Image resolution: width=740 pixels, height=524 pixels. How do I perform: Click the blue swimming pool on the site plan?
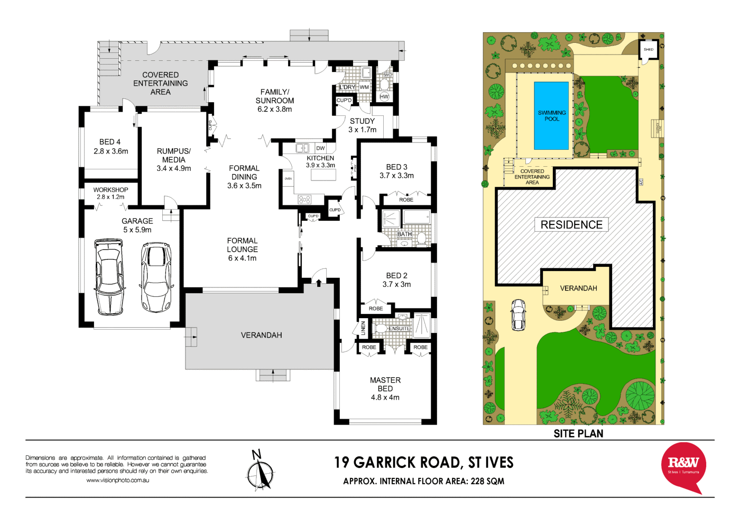(551, 115)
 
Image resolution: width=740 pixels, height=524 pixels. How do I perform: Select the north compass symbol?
(260, 471)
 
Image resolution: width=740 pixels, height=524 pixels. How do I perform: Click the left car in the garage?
(109, 276)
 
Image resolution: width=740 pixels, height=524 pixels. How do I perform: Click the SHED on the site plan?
(648, 50)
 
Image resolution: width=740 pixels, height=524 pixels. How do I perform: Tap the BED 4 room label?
(110, 147)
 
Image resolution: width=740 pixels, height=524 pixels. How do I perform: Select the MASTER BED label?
(385, 389)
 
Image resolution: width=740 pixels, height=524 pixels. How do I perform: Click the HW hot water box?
(384, 97)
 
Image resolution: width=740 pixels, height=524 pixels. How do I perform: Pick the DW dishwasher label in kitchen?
(320, 148)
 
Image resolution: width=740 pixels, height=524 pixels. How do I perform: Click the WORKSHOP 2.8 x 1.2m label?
(110, 193)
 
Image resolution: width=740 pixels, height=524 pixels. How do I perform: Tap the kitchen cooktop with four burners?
(304, 200)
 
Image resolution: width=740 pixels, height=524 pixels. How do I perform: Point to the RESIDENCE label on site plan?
(571, 225)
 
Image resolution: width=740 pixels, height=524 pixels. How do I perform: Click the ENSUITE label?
(399, 329)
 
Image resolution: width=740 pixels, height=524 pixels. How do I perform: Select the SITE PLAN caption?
(578, 433)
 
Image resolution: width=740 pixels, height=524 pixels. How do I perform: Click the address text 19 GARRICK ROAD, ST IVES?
(423, 463)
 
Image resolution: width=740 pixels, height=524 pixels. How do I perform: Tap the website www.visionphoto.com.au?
(117, 480)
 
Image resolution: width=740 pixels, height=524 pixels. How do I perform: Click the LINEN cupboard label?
(363, 328)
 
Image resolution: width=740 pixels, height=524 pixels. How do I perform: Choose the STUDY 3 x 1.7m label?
(363, 125)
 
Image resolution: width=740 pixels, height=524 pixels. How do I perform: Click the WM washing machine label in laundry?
(364, 87)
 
